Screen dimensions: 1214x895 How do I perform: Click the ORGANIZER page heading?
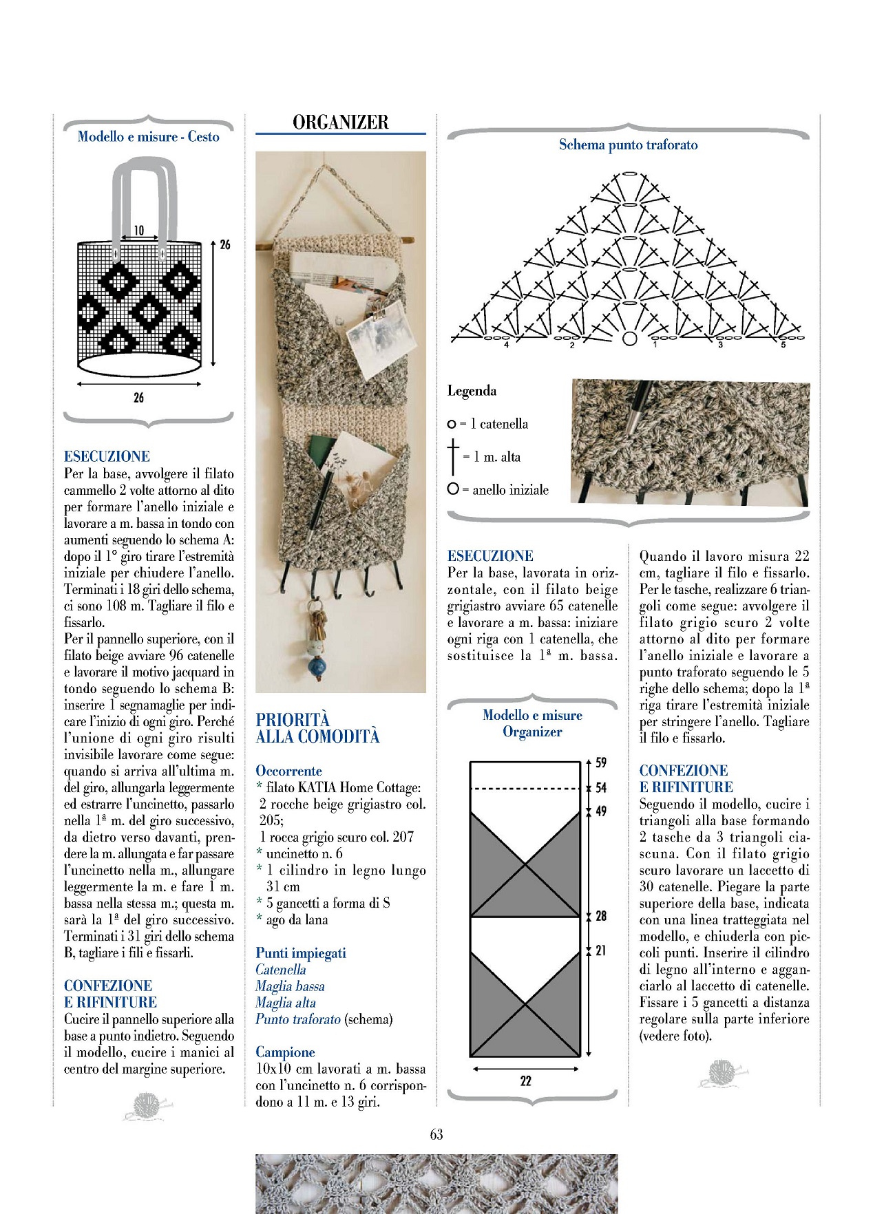coord(340,123)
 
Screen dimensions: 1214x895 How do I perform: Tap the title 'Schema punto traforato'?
coord(628,145)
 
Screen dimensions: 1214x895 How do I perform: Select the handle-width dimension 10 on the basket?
coord(138,231)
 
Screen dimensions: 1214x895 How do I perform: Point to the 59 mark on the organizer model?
coord(601,763)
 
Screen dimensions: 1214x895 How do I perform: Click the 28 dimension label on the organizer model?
coord(601,916)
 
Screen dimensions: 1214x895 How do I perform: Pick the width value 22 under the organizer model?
coord(526,1081)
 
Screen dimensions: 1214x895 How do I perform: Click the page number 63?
coord(436,1135)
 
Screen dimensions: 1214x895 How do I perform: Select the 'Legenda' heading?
coord(472,391)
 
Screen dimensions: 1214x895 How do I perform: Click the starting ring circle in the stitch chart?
coord(629,339)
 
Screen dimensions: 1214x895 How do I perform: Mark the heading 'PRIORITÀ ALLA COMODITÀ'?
coord(317,728)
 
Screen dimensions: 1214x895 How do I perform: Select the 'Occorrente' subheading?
coord(288,771)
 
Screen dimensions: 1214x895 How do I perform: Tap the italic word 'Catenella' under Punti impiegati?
coord(280,970)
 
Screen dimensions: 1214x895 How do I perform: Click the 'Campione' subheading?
coord(285,1052)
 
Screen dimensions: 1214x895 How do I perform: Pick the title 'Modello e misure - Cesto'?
coord(148,137)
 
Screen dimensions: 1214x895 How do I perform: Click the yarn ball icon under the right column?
coord(722,1074)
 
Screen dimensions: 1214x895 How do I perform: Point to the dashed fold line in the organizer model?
coord(525,789)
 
